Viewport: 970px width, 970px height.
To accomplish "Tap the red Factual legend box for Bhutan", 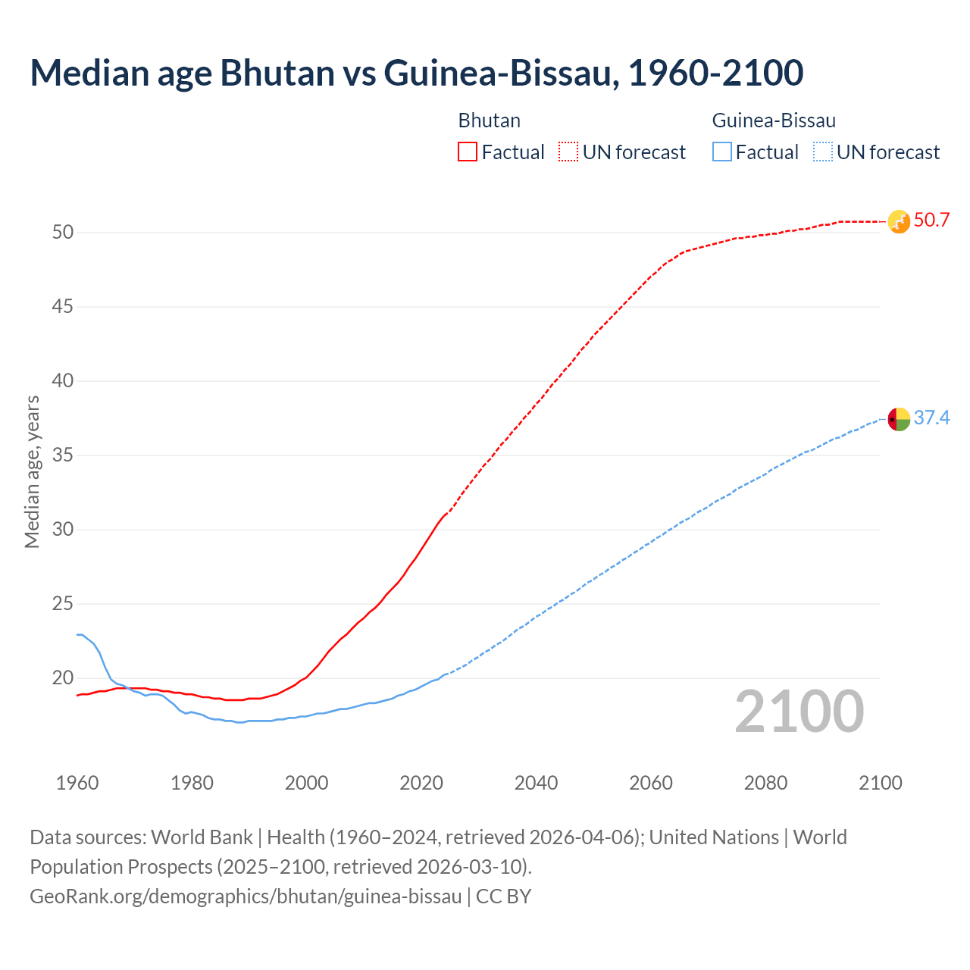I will (x=468, y=152).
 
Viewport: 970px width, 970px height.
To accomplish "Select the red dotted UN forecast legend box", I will (x=568, y=152).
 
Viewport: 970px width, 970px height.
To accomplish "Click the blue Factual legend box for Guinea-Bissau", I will (x=722, y=152).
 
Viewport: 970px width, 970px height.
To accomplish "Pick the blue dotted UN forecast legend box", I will (x=822, y=152).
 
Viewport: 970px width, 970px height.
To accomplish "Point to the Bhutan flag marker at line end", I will (x=899, y=221).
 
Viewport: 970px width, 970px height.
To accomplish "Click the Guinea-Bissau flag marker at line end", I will (x=899, y=418).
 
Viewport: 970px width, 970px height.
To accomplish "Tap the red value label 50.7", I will (x=931, y=221).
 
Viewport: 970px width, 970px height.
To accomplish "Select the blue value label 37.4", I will (x=931, y=418).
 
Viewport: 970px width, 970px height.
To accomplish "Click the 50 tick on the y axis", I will (x=63, y=232).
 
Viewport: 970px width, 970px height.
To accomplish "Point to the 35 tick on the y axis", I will (x=63, y=455).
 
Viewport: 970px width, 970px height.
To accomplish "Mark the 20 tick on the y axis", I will (x=63, y=678).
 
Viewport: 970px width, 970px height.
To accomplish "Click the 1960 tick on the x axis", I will (x=77, y=783).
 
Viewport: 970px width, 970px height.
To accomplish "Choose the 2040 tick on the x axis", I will (x=537, y=783).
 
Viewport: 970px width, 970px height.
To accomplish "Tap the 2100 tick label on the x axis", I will (x=881, y=783).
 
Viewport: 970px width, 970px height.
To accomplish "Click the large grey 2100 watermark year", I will (x=799, y=711).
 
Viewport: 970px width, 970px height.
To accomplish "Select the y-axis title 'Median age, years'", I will (x=32, y=471).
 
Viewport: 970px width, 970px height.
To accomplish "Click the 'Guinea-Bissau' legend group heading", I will (x=774, y=120).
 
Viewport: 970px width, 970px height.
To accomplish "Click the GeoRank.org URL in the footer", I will (x=246, y=896).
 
